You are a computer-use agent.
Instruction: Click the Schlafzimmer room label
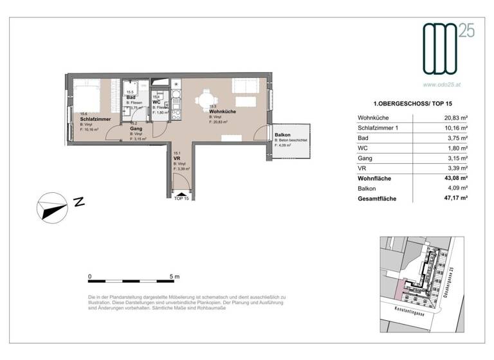click(96, 119)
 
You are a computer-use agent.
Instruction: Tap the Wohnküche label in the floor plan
click(223, 111)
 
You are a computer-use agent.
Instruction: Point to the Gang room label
click(136, 129)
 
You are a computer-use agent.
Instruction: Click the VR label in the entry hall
click(176, 158)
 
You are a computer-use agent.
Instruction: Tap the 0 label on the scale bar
click(90, 276)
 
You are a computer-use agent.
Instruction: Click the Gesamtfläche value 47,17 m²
click(454, 199)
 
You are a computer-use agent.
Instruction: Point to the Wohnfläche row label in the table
click(375, 177)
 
